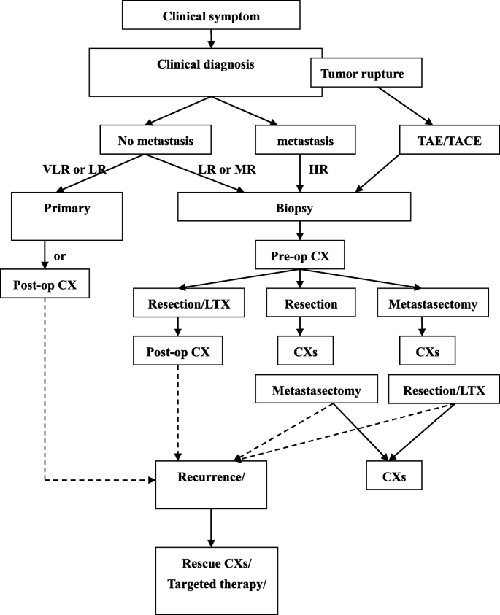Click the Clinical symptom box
click(200, 15)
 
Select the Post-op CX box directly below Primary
click(45, 285)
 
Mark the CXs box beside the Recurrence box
click(394, 477)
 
